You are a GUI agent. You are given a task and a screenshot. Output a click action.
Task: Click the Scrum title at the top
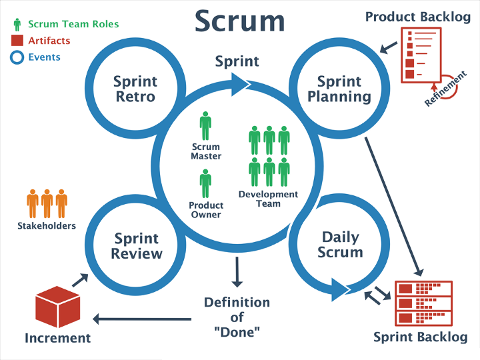tap(240, 21)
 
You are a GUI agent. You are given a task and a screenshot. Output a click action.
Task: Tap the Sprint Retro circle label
tap(135, 89)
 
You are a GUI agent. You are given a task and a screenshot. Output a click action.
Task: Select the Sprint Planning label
tap(339, 89)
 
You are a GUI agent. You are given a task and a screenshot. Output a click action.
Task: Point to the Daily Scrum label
tap(340, 245)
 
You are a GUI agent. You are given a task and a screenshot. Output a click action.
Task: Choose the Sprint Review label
tap(137, 246)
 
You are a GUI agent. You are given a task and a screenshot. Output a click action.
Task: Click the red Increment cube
tap(57, 307)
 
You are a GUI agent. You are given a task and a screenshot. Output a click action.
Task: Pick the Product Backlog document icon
tap(421, 55)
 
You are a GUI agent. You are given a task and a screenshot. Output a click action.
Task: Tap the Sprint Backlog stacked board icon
tap(424, 303)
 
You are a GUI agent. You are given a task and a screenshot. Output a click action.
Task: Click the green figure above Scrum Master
tap(205, 126)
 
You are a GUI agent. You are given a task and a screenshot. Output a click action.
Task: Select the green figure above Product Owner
tap(205, 184)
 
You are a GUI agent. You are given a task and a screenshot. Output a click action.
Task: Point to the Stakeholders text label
tap(47, 226)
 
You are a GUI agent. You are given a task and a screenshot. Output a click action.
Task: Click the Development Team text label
tap(268, 199)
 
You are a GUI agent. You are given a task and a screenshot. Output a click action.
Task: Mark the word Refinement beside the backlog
tap(445, 89)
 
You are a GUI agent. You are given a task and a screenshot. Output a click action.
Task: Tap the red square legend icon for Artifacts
tap(17, 41)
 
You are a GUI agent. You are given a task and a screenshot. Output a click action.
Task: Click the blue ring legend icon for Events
tap(17, 57)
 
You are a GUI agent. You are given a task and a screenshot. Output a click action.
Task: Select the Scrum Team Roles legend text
tap(73, 24)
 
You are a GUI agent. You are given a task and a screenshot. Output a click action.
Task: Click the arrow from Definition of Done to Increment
tap(142, 319)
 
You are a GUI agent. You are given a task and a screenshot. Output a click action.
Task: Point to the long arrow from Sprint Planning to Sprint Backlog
tap(394, 207)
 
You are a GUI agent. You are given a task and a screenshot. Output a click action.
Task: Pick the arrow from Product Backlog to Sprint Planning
tap(389, 48)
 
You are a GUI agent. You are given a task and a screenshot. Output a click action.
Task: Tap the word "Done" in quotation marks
tap(237, 332)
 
